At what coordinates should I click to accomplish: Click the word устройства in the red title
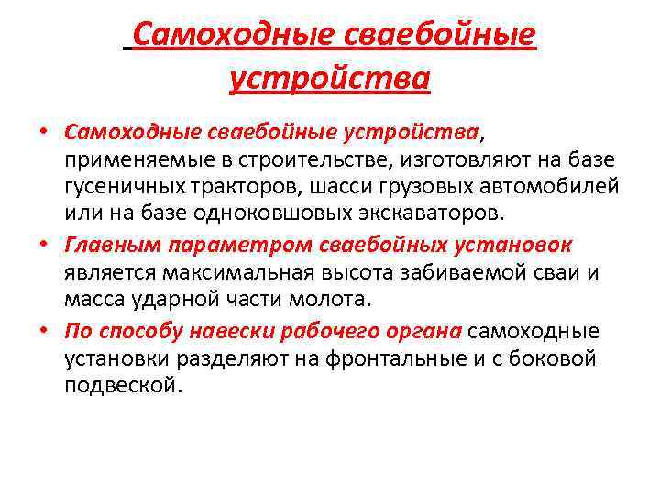pyautogui.click(x=329, y=78)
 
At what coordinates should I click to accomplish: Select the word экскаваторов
pyautogui.click(x=424, y=214)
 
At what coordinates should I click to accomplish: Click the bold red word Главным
pyautogui.click(x=104, y=246)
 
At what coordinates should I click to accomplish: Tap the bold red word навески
pyautogui.click(x=224, y=331)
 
